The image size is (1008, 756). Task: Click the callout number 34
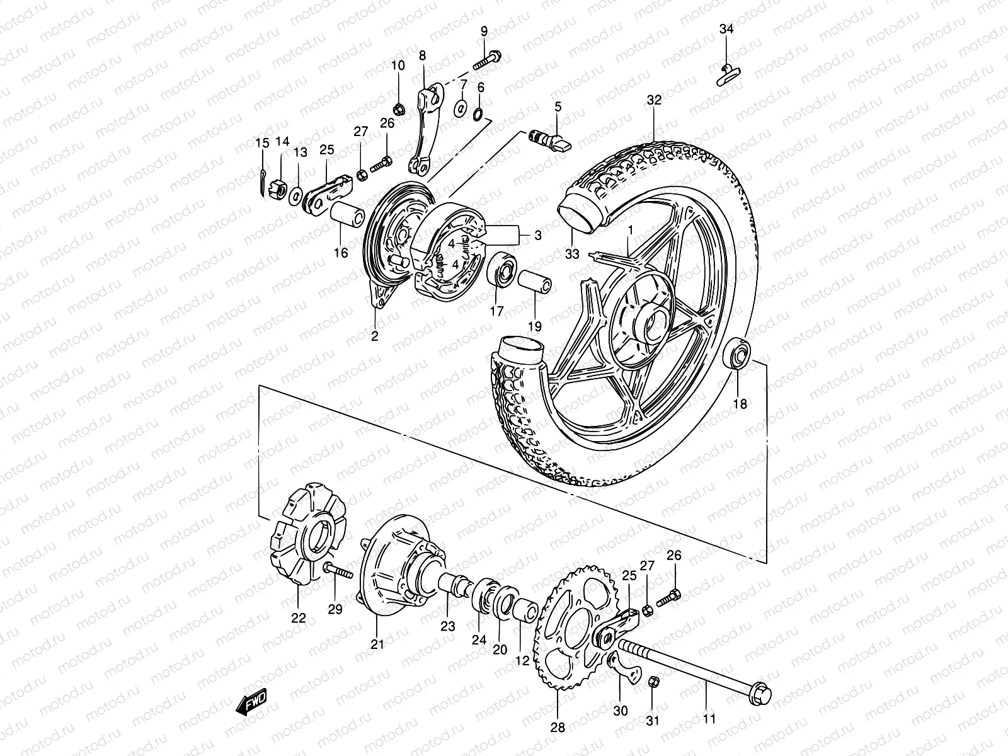point(726,29)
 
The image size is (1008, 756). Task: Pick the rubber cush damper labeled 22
point(301,542)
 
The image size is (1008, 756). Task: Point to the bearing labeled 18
point(736,353)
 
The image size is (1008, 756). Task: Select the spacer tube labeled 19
point(535,284)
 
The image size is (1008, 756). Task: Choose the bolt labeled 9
point(486,60)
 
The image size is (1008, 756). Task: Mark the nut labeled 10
point(398,106)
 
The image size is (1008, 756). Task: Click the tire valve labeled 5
point(558,140)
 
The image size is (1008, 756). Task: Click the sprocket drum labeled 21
point(391,570)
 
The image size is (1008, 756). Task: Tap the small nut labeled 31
point(653,682)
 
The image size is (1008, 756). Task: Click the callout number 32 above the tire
point(654,100)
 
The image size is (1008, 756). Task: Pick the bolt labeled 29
point(337,571)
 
